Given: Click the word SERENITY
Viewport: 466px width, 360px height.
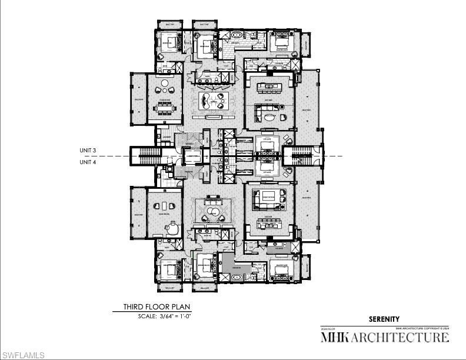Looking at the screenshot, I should [384, 319].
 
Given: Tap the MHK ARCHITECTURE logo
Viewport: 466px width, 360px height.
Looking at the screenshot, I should [384, 338].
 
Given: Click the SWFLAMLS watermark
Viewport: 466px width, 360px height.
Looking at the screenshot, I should [23, 355].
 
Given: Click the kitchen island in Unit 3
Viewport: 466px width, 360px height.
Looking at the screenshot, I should [270, 88].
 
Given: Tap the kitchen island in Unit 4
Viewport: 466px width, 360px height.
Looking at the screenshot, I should [270, 225].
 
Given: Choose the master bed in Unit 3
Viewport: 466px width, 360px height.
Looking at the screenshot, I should [281, 42].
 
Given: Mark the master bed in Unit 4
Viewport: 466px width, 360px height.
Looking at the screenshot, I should [281, 271].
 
